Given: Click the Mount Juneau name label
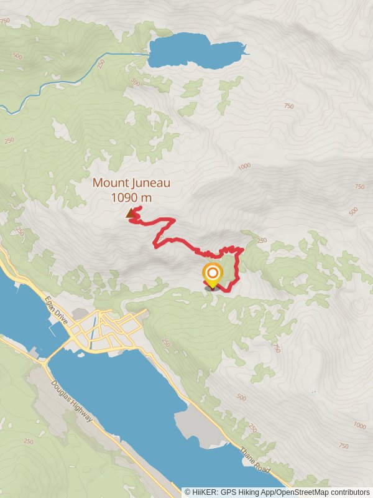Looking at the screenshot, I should [131, 183].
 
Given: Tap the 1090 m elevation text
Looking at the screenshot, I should [131, 197].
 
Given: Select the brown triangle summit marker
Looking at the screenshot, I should [131, 214].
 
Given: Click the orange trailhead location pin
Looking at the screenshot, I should [212, 275].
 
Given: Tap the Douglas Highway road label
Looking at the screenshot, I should [71, 401].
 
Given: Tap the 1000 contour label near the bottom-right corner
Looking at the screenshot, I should [359, 426].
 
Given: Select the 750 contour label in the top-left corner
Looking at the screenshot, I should [6, 21].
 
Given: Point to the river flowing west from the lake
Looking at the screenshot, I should [62, 81].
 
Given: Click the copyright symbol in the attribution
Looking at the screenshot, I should [188, 492].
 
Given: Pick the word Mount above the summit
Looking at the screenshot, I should [108, 183].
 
